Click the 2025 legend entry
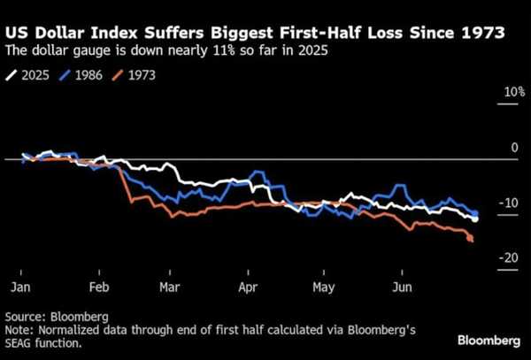point(34,75)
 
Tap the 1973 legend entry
point(143,75)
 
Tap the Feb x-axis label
point(99,288)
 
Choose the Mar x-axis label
point(170,288)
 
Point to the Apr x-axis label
point(249,288)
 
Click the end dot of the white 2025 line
point(475,218)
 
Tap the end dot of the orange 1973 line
point(470,238)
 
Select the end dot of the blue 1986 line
point(476,214)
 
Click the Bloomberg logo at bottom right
point(489,341)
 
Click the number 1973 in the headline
point(481,34)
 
